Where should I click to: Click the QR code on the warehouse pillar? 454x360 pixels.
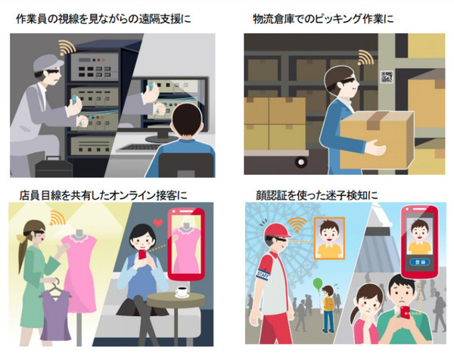[387, 76]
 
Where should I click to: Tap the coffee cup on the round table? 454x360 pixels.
[182, 291]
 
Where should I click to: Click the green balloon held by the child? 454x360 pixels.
[318, 283]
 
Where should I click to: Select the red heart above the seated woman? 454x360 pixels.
[158, 223]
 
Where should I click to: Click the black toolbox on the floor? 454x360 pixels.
[54, 167]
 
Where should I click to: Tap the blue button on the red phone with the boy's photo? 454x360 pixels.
[419, 262]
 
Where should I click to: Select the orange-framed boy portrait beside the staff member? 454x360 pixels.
[330, 238]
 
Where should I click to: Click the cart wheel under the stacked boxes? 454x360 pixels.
[301, 162]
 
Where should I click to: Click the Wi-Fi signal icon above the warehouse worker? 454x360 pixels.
[365, 57]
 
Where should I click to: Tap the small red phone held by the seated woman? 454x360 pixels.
[143, 255]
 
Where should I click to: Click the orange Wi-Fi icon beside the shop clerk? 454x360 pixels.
[57, 218]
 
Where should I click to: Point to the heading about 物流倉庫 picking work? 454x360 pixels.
[323, 19]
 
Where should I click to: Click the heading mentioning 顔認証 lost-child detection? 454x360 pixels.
[317, 195]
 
